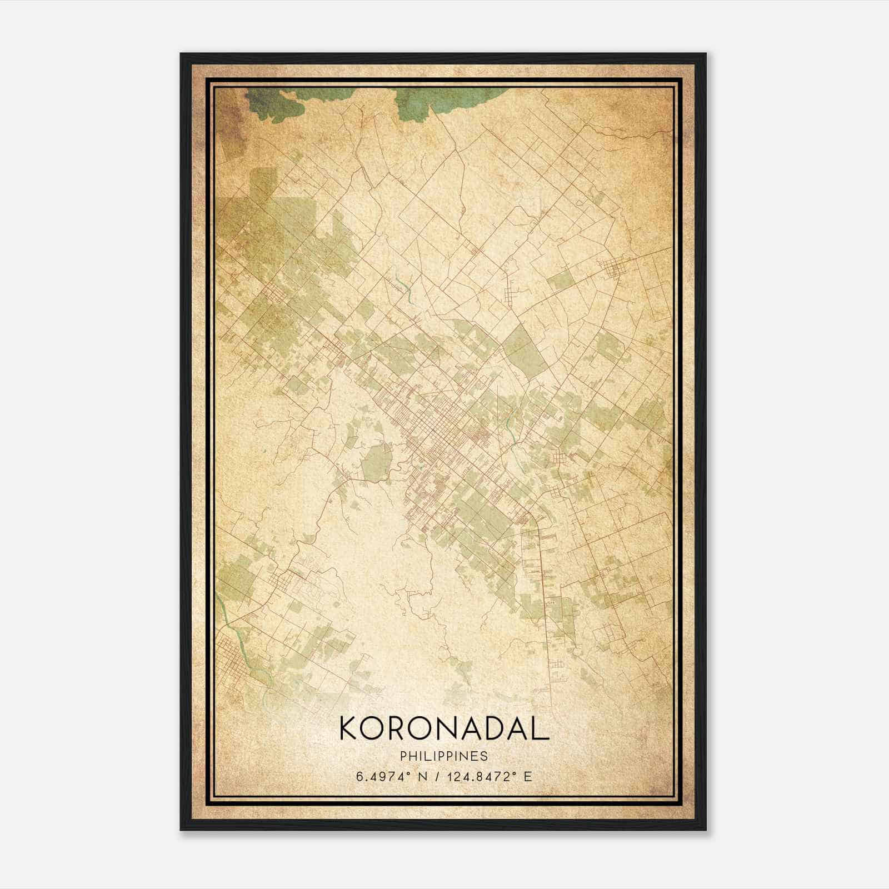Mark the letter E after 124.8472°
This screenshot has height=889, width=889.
pos(527,776)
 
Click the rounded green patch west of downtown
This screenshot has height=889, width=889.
pos(376,461)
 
